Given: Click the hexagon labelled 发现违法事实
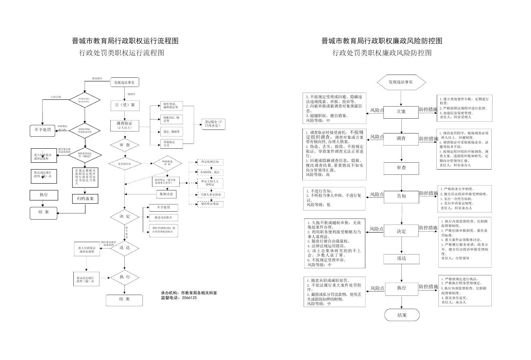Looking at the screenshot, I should coord(401,82).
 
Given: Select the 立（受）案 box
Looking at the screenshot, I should coord(125,105).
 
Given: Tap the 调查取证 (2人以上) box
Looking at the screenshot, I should coord(125,125).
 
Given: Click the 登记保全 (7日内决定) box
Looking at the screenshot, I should coord(213,124).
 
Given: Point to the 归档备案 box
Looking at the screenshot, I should coord(85,198).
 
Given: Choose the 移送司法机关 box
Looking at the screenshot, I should coord(164,218).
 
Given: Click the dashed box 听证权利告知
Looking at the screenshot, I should coord(210,162).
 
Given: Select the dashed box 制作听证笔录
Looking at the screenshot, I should coord(210,204).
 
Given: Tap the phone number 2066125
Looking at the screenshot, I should coord(189,298).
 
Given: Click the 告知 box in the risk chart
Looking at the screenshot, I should coord(401,196).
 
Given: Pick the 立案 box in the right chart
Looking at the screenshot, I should coord(401,112).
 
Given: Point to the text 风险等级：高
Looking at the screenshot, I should coord(320,175).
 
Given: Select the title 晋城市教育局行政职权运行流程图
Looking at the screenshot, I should coord(125,41).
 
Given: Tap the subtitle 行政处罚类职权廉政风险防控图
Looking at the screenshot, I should coord(382,53).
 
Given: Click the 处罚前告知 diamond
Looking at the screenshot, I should coord(124,164).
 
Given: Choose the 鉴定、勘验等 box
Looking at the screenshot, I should coord(172,131).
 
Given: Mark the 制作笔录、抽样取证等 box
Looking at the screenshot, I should coord(172,106).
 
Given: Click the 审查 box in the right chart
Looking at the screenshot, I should coord(401,168).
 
